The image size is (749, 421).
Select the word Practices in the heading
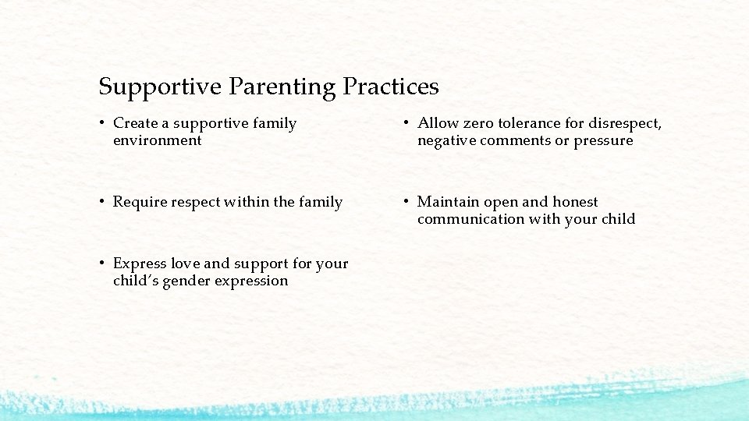coord(391,87)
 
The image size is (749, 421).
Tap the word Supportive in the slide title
coord(160,87)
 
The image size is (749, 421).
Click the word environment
coord(157,141)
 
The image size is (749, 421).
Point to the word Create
coord(136,123)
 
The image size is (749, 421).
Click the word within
coord(249,203)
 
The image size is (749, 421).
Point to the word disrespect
coord(624,123)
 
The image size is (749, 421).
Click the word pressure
coord(603,141)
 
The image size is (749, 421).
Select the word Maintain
coord(449,203)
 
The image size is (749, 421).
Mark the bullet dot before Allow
coord(407,123)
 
